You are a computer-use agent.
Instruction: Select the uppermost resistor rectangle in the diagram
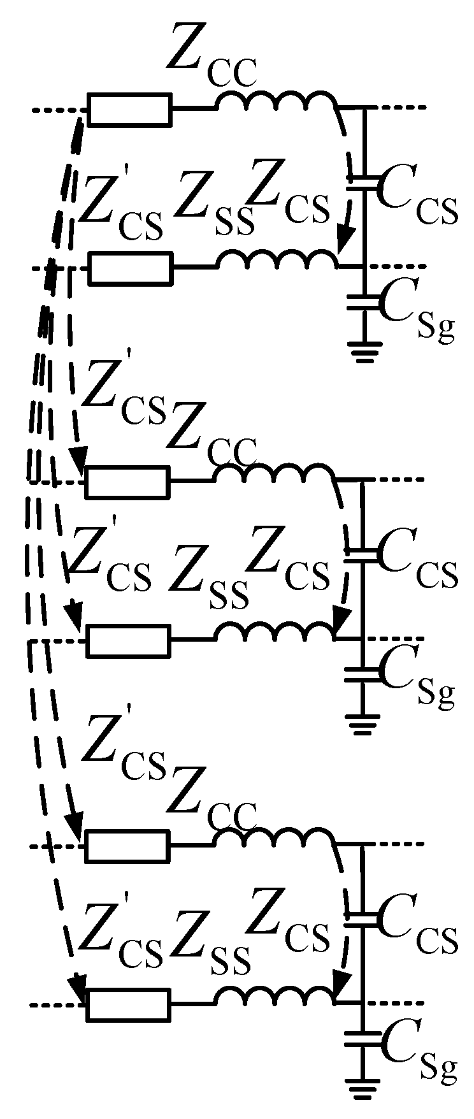click(x=129, y=110)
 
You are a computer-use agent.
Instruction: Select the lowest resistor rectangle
click(x=129, y=1005)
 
